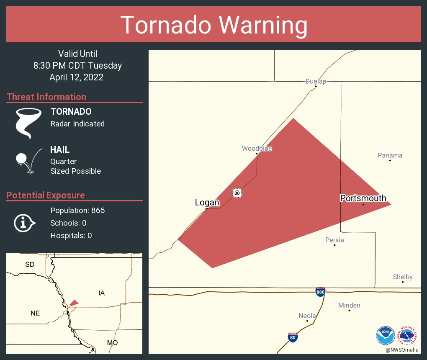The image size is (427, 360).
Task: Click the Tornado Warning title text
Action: (x=213, y=25)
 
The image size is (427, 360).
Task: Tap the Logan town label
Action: (x=207, y=203)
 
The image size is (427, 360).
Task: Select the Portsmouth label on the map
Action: (x=363, y=198)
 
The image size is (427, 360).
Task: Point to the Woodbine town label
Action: (x=257, y=149)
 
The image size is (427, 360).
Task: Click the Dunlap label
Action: (x=316, y=81)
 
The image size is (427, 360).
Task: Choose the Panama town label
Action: (x=390, y=155)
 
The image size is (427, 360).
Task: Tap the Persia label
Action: (x=334, y=240)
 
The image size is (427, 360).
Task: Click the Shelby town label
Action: (x=402, y=277)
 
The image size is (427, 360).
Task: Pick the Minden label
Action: (x=349, y=305)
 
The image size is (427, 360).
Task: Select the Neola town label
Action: (x=307, y=316)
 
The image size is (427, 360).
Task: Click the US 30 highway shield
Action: (x=237, y=193)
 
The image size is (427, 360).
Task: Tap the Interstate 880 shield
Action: (x=320, y=292)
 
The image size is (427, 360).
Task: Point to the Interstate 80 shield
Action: (x=293, y=337)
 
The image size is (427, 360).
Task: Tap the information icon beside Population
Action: (x=24, y=223)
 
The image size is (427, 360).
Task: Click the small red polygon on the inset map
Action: (x=74, y=303)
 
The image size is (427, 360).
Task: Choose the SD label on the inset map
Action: (x=30, y=265)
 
